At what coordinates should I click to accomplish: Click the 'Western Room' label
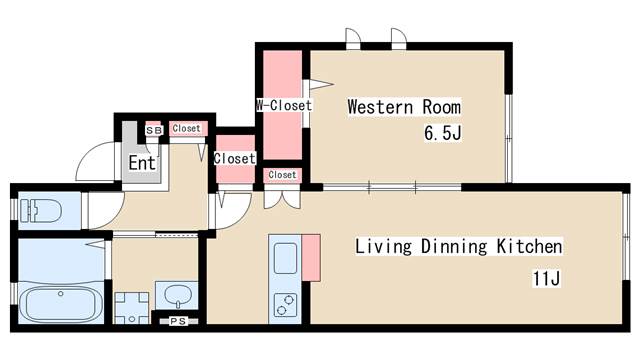(404, 107)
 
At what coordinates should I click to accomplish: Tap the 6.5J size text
(443, 133)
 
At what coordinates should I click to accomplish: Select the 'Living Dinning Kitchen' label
(458, 247)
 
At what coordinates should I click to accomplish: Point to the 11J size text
(547, 278)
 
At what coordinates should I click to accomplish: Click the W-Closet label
(284, 105)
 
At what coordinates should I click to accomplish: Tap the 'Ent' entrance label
(142, 163)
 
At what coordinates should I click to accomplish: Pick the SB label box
(154, 131)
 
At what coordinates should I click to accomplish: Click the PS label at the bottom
(178, 321)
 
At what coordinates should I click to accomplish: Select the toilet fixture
(40, 211)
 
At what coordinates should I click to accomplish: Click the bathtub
(61, 304)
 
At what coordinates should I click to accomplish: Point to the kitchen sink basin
(285, 258)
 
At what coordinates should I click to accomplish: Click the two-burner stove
(285, 305)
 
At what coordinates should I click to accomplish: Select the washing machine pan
(132, 308)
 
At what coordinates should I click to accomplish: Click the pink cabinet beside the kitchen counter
(311, 258)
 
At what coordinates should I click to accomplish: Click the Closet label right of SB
(187, 128)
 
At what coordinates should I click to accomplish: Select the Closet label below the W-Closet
(282, 175)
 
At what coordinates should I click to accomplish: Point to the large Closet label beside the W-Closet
(235, 158)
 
